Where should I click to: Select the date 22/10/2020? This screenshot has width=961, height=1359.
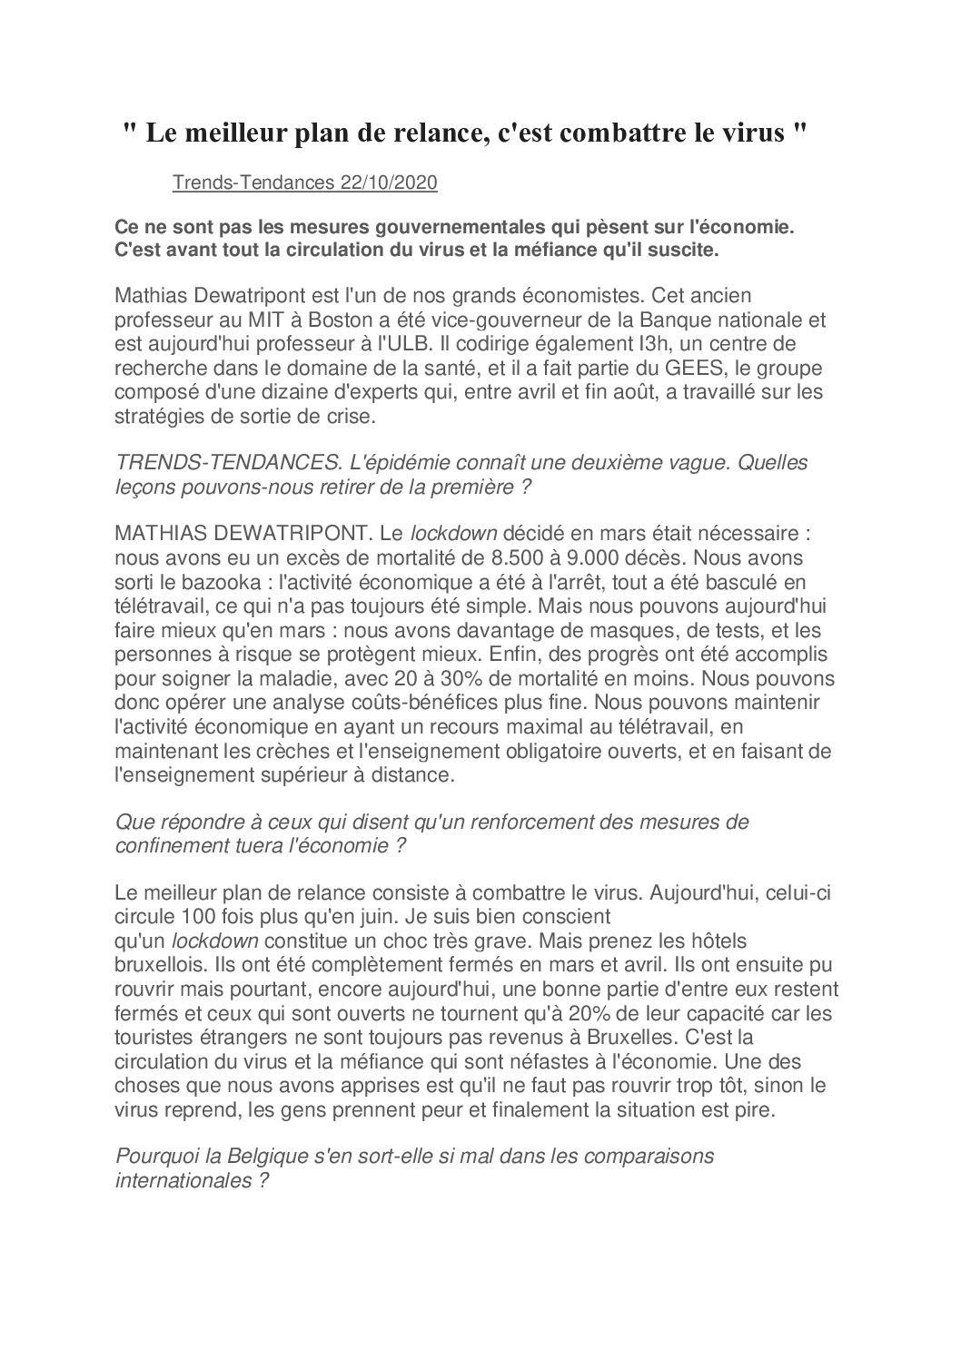(389, 183)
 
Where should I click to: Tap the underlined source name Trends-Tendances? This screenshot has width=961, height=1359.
(253, 183)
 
